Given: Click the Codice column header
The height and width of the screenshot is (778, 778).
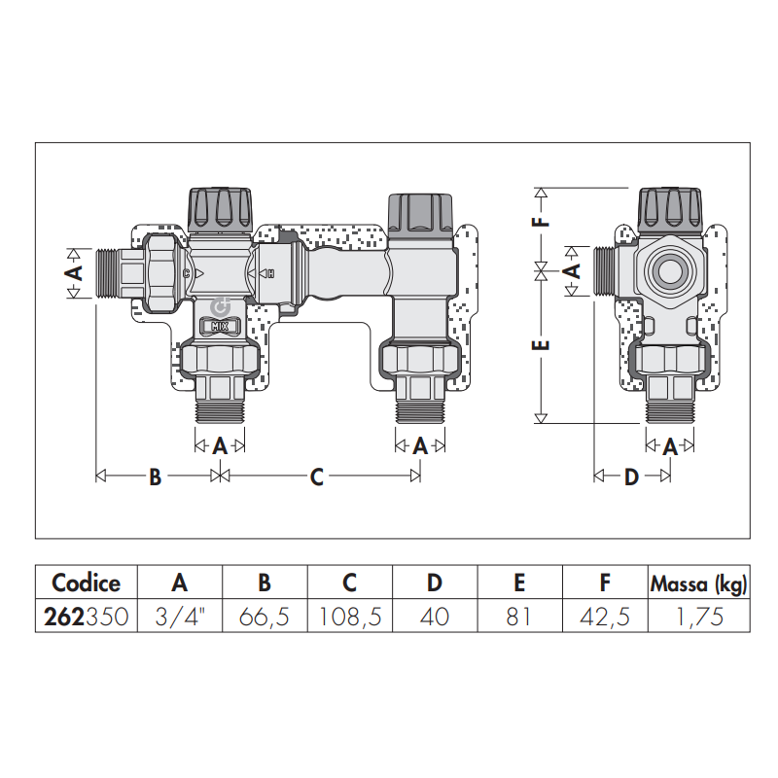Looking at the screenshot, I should (86, 583).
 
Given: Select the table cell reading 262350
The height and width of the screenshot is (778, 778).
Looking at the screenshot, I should (86, 617).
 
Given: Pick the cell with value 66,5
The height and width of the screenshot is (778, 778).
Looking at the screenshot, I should (265, 617).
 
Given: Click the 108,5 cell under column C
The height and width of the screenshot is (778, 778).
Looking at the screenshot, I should (349, 617).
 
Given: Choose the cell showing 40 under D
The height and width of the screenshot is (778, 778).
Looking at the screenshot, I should (435, 617).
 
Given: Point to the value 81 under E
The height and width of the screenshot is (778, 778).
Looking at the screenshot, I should (519, 617).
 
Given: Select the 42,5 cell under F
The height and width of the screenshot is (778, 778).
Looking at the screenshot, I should (604, 617).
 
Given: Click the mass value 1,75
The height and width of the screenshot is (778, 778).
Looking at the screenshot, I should (697, 617).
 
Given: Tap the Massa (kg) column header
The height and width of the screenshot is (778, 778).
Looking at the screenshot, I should (697, 583).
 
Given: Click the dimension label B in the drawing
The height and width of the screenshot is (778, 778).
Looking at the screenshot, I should (154, 477).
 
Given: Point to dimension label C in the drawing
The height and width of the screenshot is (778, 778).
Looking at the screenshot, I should (317, 477).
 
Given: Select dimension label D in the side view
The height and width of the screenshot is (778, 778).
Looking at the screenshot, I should (631, 477).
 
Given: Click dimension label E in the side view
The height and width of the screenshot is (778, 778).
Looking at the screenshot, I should (544, 344).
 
